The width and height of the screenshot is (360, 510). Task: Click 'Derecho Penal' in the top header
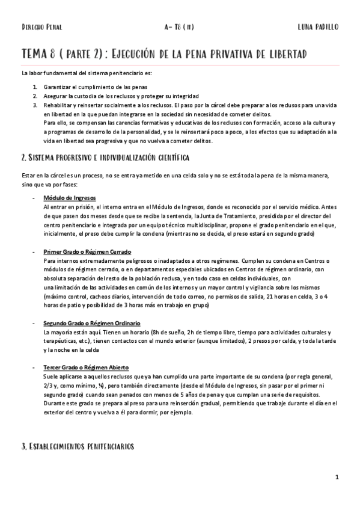click(41, 27)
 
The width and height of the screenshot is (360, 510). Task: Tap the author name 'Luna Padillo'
click(318, 27)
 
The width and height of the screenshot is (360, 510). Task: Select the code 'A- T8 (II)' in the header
click(178, 27)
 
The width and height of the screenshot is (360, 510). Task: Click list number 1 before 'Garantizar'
click(35, 88)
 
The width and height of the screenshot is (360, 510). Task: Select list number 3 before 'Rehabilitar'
click(35, 105)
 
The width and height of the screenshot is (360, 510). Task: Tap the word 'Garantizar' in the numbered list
click(58, 88)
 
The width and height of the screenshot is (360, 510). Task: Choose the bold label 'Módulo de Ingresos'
click(70, 198)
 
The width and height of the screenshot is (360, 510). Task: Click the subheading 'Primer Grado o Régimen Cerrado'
click(87, 251)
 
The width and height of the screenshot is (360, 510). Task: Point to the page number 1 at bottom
click(338, 478)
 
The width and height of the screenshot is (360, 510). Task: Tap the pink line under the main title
click(180, 65)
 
